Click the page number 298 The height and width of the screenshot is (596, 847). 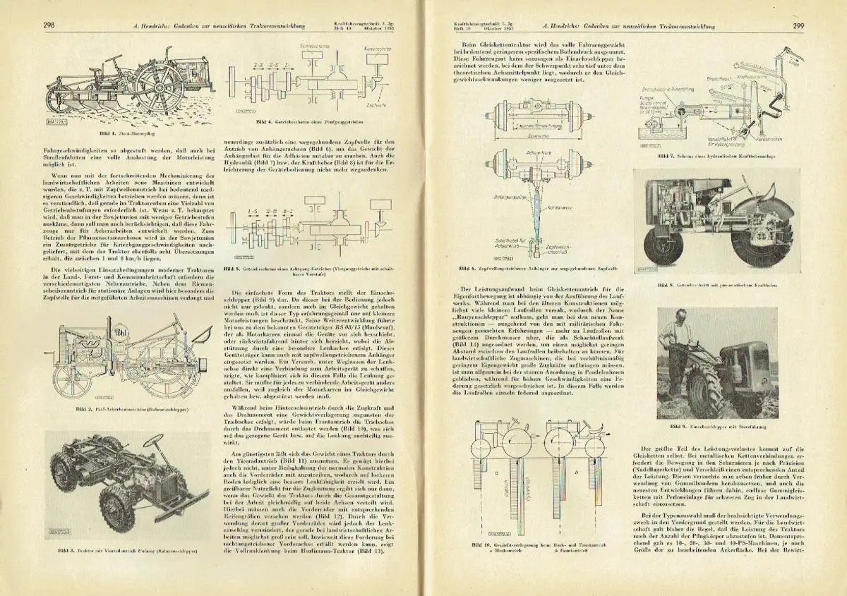(x=49, y=26)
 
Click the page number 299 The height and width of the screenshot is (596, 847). (x=798, y=26)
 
